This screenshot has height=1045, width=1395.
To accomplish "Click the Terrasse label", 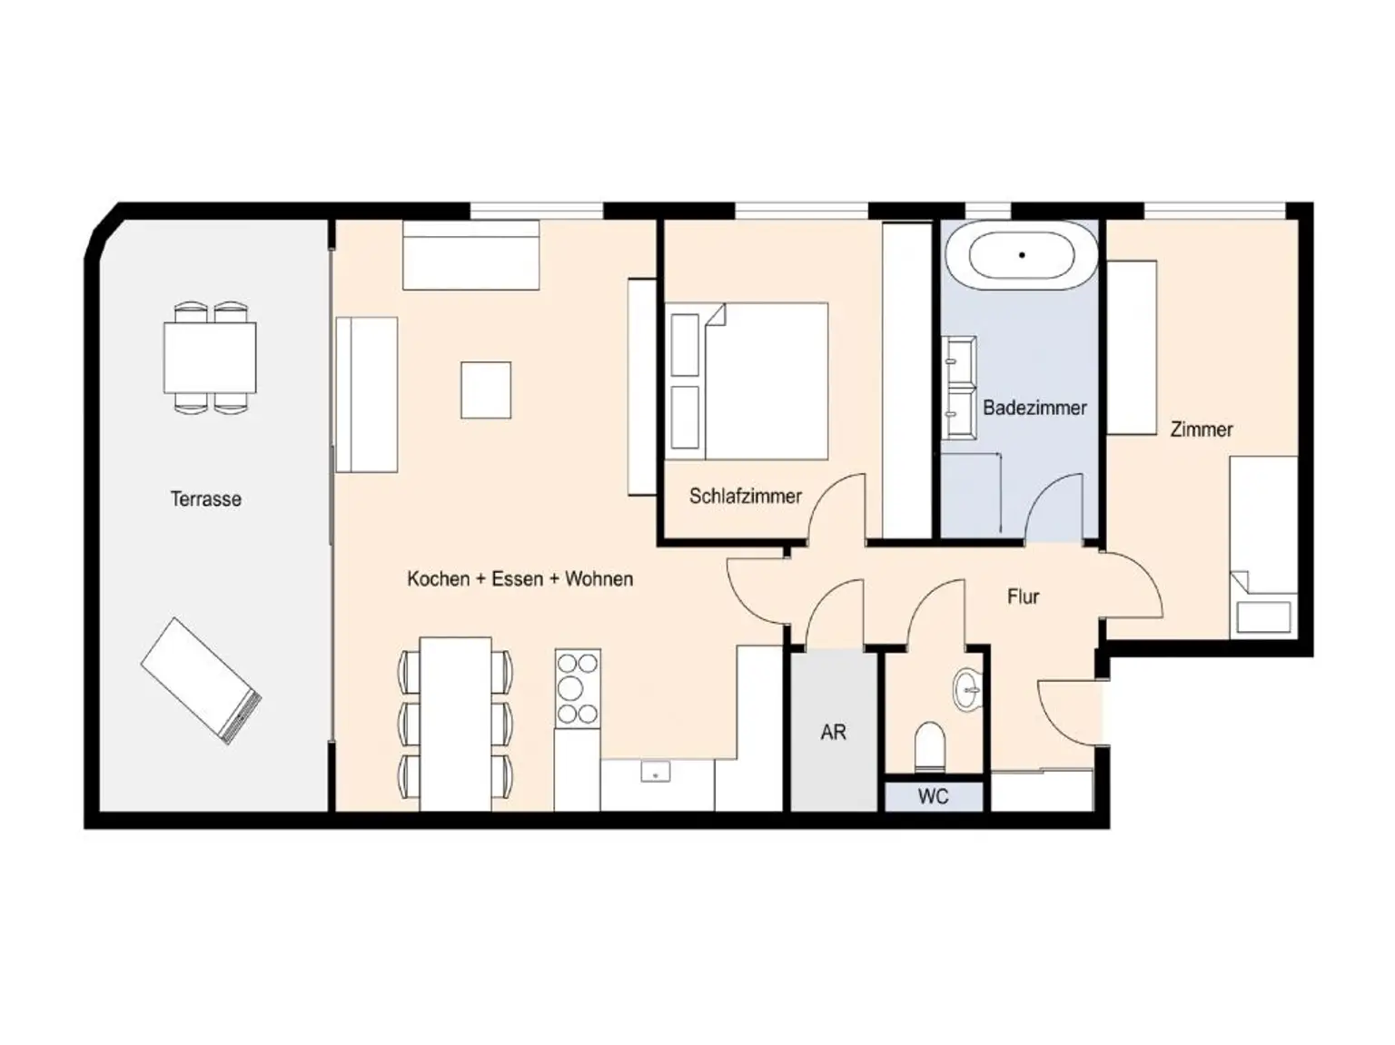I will [206, 498].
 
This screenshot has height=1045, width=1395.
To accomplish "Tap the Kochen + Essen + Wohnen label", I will [519, 578].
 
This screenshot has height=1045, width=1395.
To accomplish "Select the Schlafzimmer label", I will [745, 496].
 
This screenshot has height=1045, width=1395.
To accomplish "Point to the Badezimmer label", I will [1034, 408].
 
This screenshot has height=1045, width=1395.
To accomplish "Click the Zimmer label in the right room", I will [1201, 429].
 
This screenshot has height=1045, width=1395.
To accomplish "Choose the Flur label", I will [1023, 596].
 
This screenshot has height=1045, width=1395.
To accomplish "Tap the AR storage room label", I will [833, 732].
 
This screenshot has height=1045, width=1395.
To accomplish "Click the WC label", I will [933, 797].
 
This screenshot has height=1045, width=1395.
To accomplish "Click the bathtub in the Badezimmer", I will [1022, 256].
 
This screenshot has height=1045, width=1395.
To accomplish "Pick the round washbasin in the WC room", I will [968, 690].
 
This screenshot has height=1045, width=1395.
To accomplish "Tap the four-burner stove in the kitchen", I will [578, 688].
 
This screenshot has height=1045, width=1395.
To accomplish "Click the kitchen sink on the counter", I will [655, 773].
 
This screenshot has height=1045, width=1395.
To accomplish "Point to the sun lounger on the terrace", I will [201, 680].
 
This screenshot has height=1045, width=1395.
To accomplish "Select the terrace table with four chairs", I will [210, 358].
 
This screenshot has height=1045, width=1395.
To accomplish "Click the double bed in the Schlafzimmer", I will [748, 381].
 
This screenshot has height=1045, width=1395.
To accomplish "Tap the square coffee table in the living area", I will [486, 390].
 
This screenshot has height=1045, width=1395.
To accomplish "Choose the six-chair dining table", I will [455, 724].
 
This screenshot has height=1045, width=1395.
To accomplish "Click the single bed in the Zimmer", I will [1263, 545].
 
